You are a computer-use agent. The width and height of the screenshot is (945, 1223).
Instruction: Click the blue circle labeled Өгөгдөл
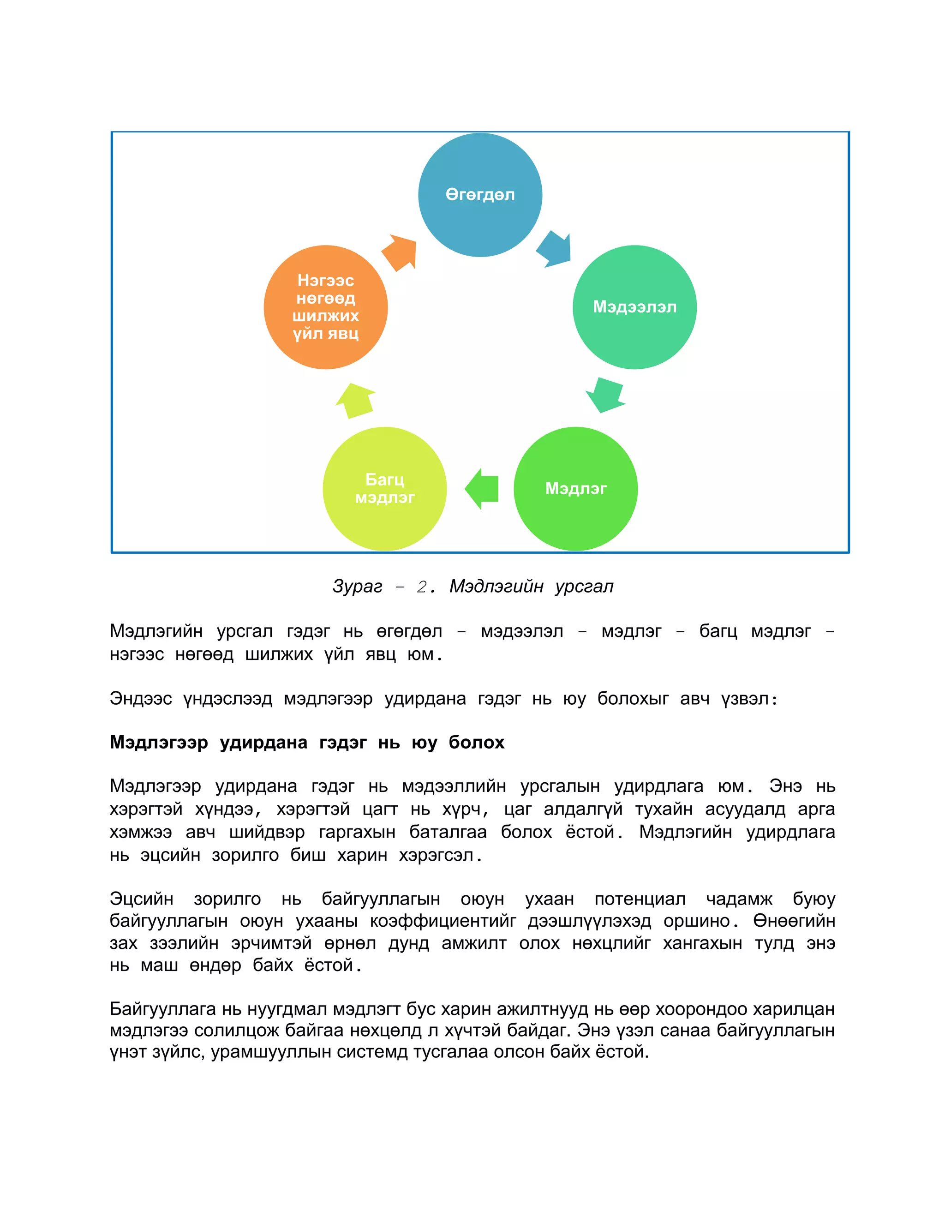(480, 194)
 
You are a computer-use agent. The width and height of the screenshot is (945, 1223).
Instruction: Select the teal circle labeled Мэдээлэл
(634, 307)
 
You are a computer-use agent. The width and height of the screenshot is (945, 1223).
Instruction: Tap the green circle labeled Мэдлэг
(575, 488)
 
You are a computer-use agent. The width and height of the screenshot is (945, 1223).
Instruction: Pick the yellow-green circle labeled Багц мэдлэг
(385, 488)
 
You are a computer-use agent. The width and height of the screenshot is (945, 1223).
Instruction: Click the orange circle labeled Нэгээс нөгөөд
(325, 307)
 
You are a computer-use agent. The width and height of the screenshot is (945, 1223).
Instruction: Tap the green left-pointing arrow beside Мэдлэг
(482, 488)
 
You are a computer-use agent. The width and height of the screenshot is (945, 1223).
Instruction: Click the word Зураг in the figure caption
(357, 586)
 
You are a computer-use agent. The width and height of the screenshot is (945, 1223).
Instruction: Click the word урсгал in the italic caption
(584, 586)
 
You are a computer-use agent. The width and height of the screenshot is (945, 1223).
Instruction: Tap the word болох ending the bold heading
(476, 743)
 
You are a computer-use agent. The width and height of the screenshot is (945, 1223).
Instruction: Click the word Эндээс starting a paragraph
(141, 698)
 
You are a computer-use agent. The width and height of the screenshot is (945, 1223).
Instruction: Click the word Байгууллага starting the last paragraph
(162, 1008)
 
